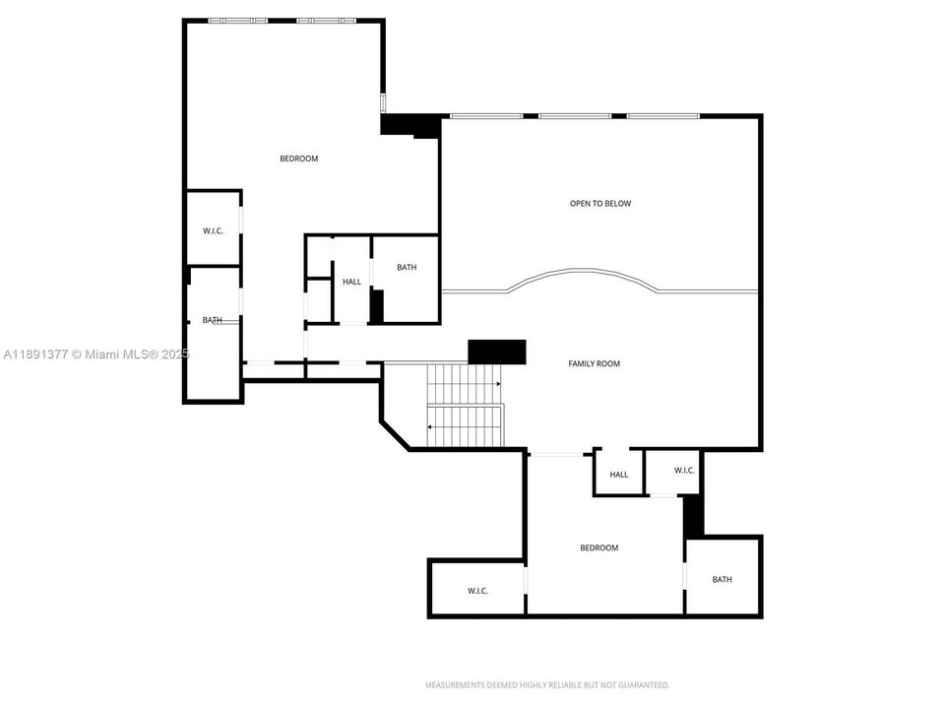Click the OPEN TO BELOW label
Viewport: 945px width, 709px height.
600,204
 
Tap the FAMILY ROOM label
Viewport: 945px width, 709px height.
595,364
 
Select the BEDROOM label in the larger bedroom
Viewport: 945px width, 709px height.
299,159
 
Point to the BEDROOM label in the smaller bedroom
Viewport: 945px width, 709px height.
598,548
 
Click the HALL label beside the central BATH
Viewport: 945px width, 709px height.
351,283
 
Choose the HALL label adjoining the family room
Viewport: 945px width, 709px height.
618,475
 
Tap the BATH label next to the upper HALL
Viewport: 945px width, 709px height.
407,268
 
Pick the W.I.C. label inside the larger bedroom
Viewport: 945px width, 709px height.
213,231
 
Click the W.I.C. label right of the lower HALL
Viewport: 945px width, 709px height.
685,471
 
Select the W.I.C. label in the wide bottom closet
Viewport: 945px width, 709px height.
477,591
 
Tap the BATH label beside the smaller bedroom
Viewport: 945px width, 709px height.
723,580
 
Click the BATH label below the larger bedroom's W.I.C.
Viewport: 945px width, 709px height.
213,320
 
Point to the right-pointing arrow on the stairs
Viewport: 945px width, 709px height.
498,383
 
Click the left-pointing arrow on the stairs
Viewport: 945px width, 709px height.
429,426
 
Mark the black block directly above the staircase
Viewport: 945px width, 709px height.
497,352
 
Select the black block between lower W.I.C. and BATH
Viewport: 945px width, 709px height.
694,515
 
